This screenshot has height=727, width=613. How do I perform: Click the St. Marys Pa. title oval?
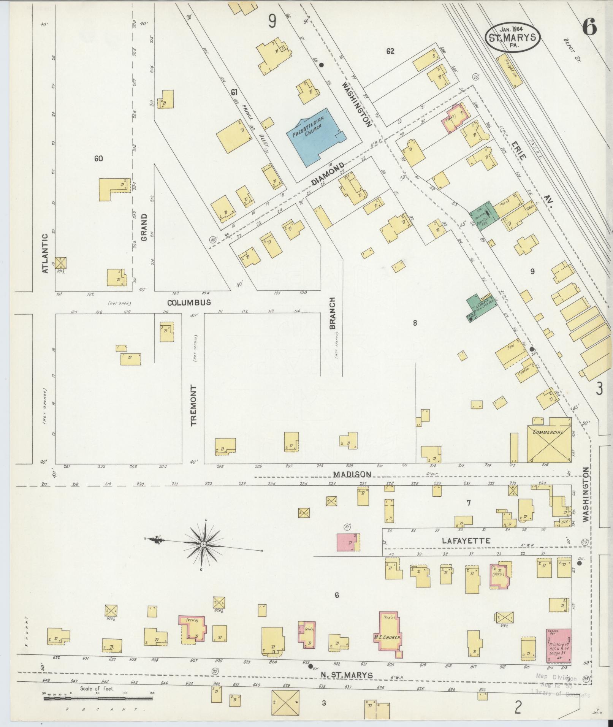coord(512,37)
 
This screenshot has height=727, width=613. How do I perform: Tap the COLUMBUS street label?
coord(189,303)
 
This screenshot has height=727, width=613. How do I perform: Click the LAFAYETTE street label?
coord(466,540)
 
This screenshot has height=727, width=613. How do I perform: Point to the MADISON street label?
coord(352,474)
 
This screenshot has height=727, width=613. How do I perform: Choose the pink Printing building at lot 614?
coord(558,645)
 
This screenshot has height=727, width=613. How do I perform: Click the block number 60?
coord(98,158)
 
